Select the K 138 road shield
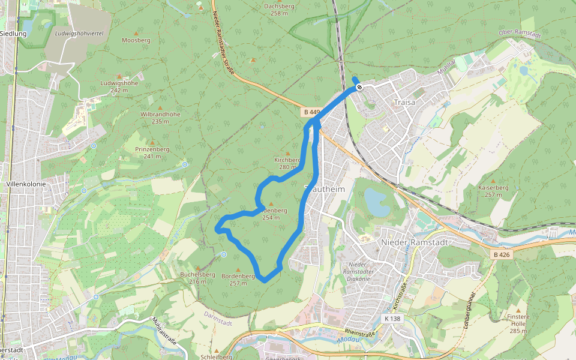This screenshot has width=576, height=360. tap(392, 319)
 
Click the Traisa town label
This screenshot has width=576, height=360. tap(404, 103)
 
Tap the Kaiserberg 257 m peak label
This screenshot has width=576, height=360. tap(493, 191)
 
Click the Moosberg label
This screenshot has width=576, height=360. tap(135, 40)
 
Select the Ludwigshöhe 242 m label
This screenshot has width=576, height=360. tap(119, 86)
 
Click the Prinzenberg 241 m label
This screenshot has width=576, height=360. tap(152, 152)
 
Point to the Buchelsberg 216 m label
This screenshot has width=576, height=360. tap(197, 278)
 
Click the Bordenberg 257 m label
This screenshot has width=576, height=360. tap(238, 280)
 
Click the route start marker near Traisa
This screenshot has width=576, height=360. tap(359, 88)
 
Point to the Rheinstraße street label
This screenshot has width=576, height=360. tap(360, 332)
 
